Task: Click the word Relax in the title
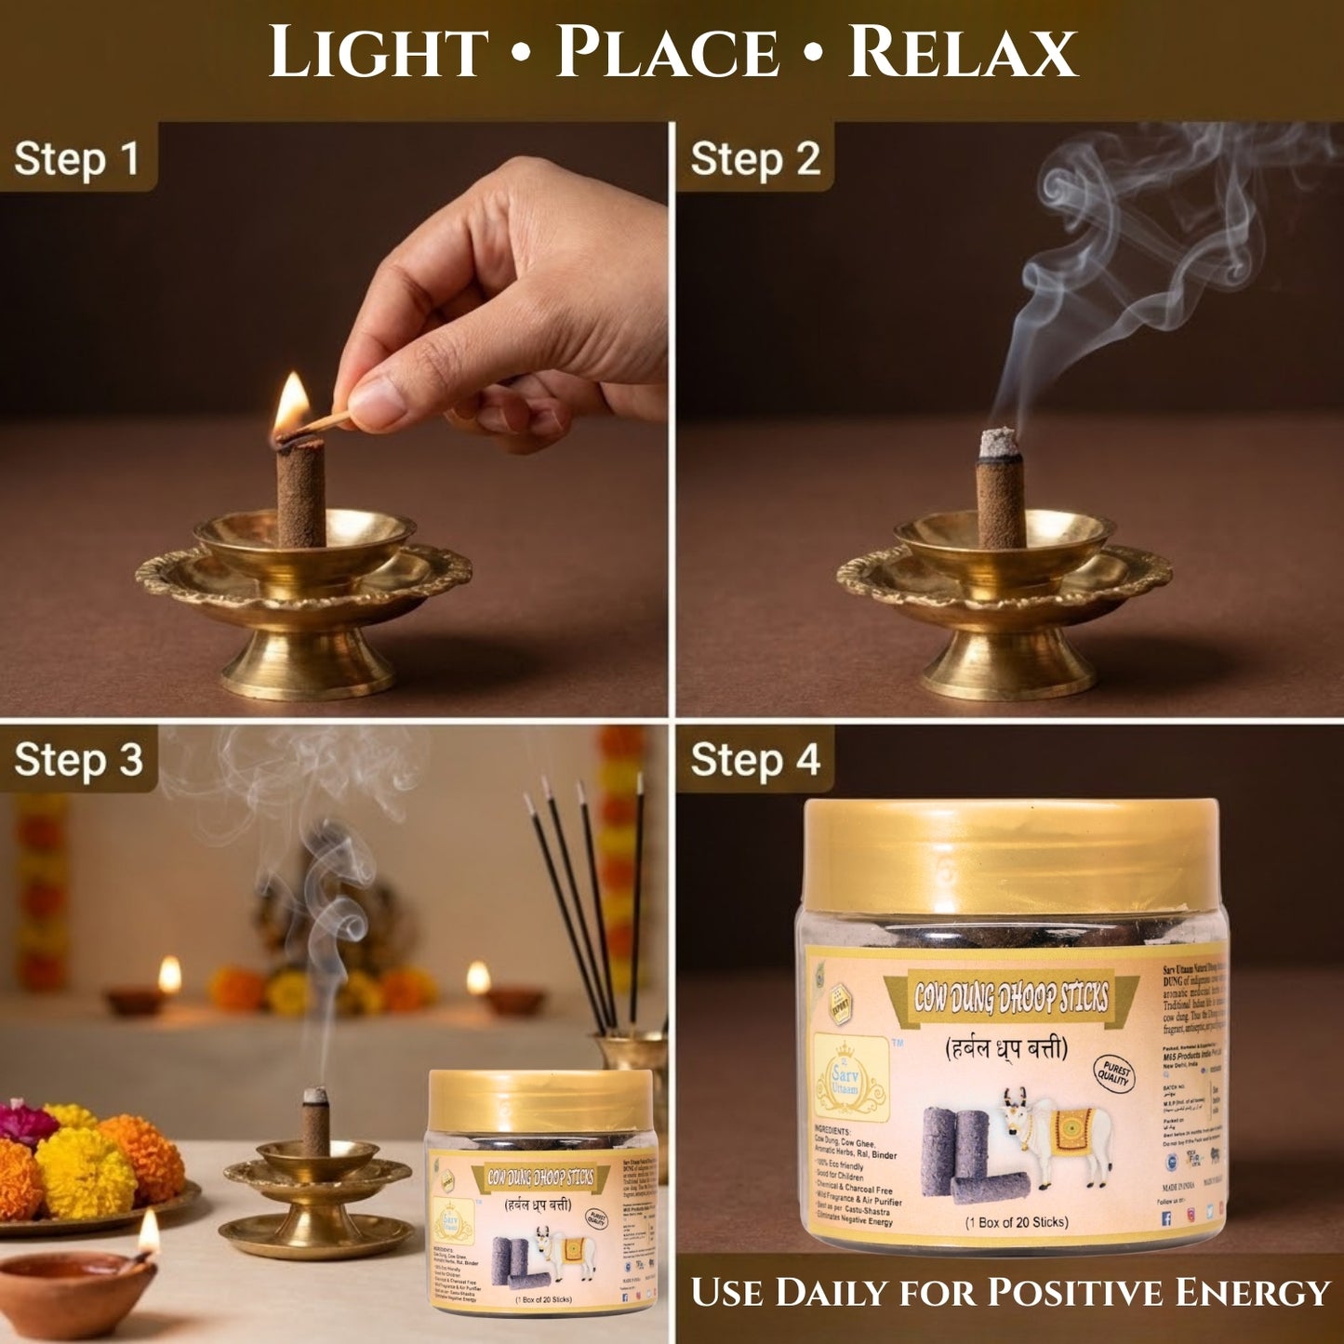click(x=963, y=53)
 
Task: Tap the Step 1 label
click(x=77, y=158)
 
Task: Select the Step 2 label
click(x=755, y=158)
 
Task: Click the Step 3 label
click(x=79, y=760)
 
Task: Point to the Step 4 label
click(x=755, y=760)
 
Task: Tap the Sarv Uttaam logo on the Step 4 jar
click(x=848, y=1078)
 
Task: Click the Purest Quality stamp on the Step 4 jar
click(x=1113, y=1073)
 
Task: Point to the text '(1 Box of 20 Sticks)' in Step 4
click(x=1016, y=1222)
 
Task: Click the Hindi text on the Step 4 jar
click(x=1006, y=1049)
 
